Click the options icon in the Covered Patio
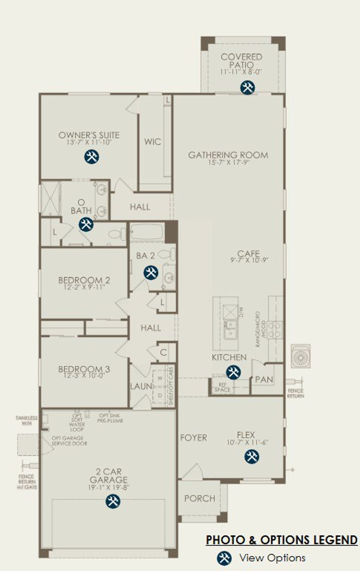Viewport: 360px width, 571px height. pos(247,87)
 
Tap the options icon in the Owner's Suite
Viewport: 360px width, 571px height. pos(91,156)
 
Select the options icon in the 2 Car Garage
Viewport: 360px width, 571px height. pos(113,501)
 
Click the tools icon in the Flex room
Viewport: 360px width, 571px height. pos(251,456)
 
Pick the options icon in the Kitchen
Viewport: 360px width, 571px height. pos(233,372)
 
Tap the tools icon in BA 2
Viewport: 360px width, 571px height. pos(151,273)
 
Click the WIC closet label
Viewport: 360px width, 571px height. pos(152,141)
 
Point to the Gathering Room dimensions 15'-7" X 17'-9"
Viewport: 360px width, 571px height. pos(228,162)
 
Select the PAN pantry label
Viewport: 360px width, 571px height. pos(264,379)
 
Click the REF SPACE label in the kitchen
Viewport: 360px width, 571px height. pos(222,387)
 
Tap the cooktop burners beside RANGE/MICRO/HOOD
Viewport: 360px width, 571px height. pos(275,330)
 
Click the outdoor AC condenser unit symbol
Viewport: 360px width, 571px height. pos(300,356)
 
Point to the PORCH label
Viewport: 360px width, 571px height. pos(200,498)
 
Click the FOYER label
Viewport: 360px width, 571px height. pos(193,438)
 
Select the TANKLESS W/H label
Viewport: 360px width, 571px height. pos(26,420)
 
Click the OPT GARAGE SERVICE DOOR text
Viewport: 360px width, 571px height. pos(69,440)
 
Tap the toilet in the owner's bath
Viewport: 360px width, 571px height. pos(117,233)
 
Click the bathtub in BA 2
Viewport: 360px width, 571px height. pos(147,232)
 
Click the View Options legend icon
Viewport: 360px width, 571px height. pos(224,557)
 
